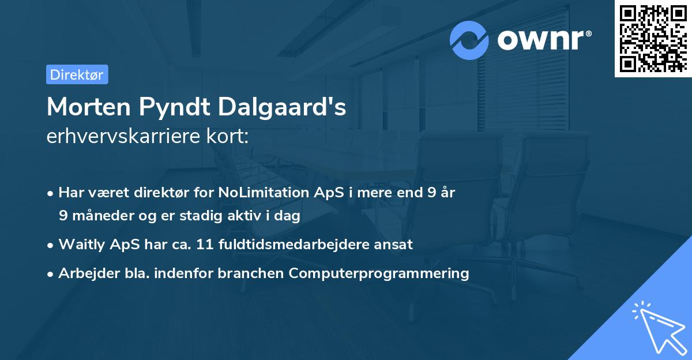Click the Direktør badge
click(77, 74)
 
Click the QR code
click(653, 39)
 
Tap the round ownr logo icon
click(469, 40)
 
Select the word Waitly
click(79, 245)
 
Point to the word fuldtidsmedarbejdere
click(292, 245)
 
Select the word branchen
click(251, 273)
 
